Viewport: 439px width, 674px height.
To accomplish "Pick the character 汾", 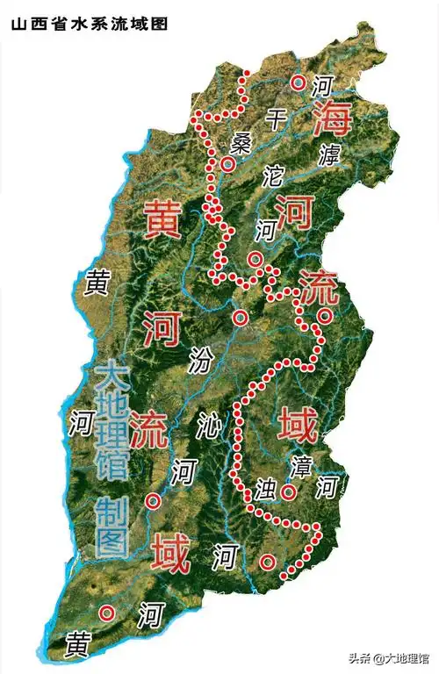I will (x=201, y=358).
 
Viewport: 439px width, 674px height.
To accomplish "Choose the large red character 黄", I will (x=163, y=218).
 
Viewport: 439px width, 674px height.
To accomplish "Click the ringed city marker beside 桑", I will (x=228, y=164).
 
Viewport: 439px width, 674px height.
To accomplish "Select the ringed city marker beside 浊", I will (x=288, y=492).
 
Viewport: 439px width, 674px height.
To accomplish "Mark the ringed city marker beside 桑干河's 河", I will (x=299, y=82).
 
